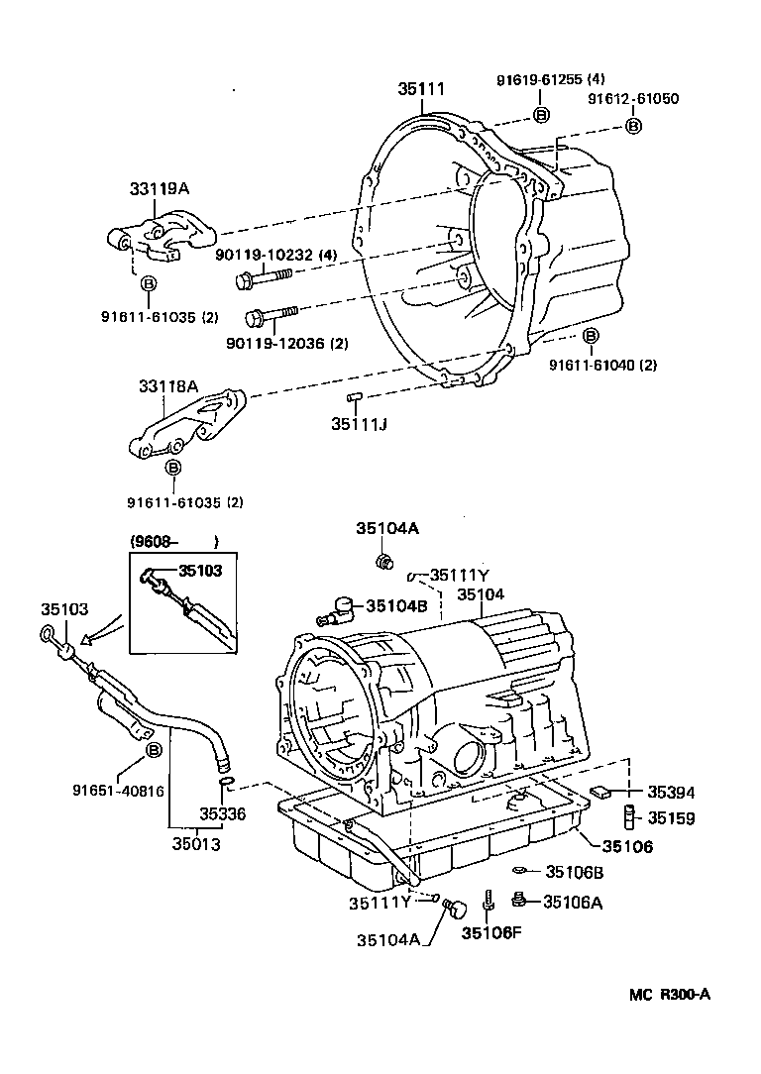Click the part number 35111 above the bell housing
[x=421, y=89]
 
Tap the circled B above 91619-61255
[x=541, y=115]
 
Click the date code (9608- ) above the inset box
[x=173, y=541]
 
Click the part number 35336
[x=222, y=813]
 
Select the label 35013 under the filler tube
[x=196, y=844]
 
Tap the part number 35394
[x=672, y=792]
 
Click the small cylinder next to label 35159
[x=628, y=818]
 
